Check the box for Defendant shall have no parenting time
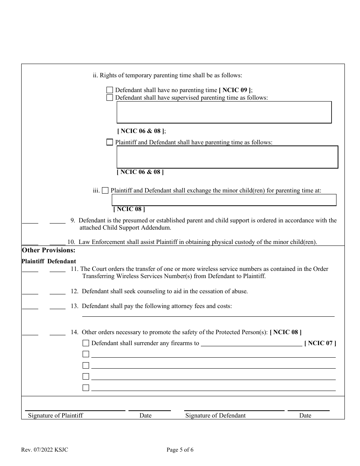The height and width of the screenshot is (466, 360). point(110,90)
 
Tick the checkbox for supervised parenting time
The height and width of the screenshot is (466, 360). point(110,98)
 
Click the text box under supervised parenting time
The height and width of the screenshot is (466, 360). point(224,112)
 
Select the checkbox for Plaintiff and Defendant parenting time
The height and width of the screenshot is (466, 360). point(110,142)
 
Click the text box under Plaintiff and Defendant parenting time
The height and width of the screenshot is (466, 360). point(227,157)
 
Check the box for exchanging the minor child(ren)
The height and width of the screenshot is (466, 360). point(105,191)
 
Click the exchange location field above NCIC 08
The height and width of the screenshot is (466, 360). point(224,200)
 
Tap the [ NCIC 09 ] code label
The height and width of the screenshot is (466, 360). point(235,90)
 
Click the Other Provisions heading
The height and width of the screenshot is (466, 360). point(49,250)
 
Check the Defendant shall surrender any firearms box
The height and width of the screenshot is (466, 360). point(86,343)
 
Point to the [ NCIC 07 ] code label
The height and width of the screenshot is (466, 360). point(320,343)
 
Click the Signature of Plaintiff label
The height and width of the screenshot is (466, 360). point(55,416)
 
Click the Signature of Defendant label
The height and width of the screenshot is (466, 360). point(215,416)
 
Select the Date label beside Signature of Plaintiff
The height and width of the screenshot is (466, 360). point(145,416)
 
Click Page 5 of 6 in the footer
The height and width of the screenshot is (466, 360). point(180,450)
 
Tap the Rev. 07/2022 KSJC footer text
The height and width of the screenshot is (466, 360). point(45,450)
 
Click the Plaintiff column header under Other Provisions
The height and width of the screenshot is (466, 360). point(33,261)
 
